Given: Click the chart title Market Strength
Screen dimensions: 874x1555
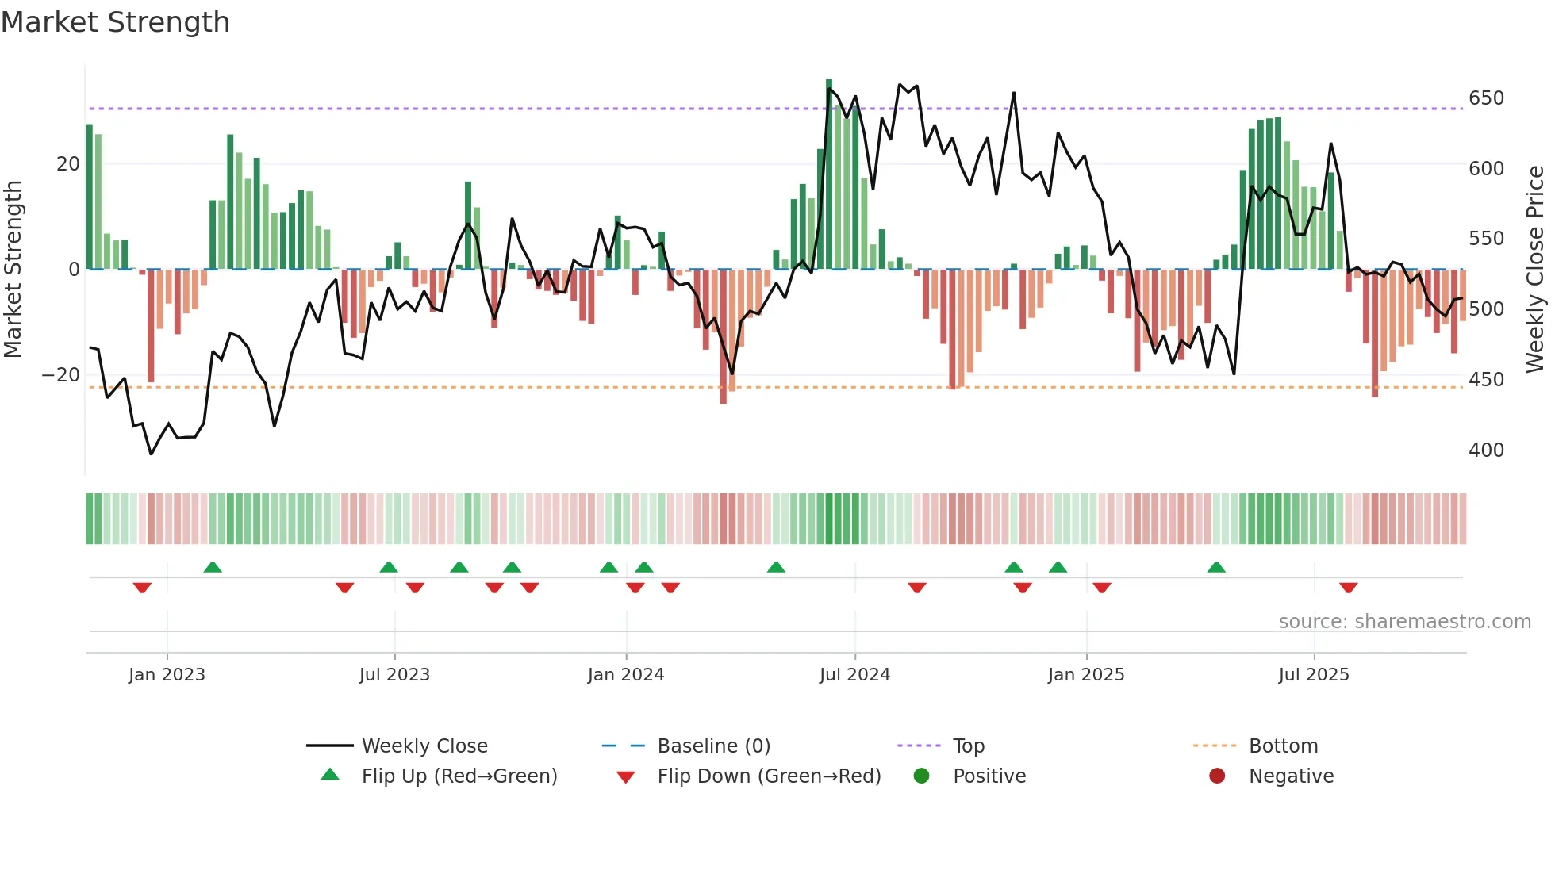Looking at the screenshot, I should click(x=115, y=22).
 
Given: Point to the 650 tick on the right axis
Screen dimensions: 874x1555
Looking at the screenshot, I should click(x=1486, y=98).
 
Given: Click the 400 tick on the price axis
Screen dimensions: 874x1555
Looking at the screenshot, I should click(x=1486, y=450).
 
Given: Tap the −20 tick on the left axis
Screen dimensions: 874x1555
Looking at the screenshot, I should click(x=61, y=375).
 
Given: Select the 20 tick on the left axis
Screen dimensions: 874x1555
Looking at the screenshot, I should click(x=68, y=164).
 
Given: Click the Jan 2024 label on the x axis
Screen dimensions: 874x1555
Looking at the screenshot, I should click(x=625, y=675).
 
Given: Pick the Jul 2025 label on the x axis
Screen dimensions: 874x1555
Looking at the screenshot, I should click(x=1313, y=675).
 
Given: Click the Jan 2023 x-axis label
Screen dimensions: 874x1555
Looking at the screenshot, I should click(x=167, y=675).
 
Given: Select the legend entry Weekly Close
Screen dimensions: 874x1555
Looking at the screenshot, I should click(x=424, y=746).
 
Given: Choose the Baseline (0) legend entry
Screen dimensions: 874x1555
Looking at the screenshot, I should click(x=713, y=746).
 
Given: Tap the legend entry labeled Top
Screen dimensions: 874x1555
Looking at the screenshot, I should click(x=968, y=746).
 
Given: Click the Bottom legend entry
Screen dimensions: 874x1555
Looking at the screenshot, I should click(x=1283, y=746).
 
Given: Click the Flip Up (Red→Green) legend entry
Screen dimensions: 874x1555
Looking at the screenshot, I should click(x=459, y=776).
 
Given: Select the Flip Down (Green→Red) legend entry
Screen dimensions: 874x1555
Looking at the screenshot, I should click(x=768, y=776).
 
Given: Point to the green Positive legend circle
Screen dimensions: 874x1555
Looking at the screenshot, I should click(x=921, y=776).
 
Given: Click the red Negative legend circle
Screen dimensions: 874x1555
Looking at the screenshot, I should click(x=1217, y=776).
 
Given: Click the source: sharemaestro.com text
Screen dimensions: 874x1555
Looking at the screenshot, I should click(x=1404, y=622).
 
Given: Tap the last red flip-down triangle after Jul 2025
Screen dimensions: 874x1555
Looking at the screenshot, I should click(x=1348, y=588).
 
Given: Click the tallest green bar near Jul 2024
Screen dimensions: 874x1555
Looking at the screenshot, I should click(x=829, y=174).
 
